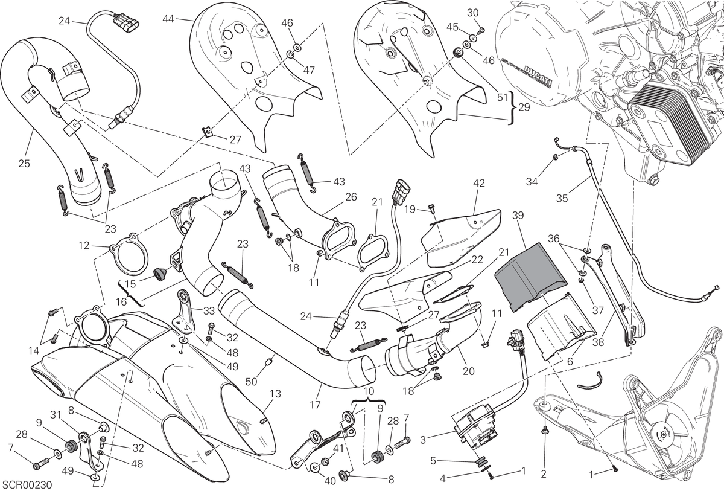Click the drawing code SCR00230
click(x=27, y=484)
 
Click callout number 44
click(x=168, y=19)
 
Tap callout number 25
click(x=24, y=164)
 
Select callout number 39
click(x=518, y=216)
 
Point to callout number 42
click(x=479, y=184)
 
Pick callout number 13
click(x=275, y=394)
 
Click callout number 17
click(x=315, y=404)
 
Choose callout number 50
click(x=251, y=382)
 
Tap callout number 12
click(x=84, y=245)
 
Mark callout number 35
click(x=562, y=198)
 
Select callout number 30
click(x=473, y=13)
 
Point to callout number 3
click(x=423, y=440)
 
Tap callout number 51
click(x=502, y=97)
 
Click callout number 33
click(x=209, y=311)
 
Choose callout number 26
click(x=351, y=197)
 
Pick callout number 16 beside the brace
click(x=121, y=302)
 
